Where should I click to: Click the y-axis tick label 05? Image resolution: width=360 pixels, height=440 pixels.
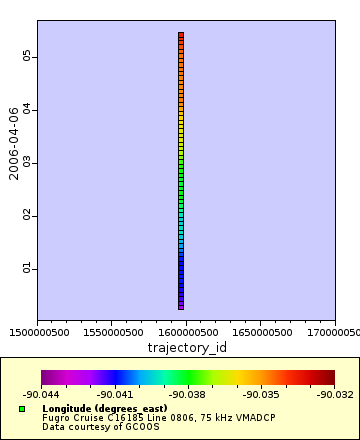pyautogui.click(x=28, y=57)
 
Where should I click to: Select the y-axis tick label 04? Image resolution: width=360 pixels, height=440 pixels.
pyautogui.click(x=28, y=109)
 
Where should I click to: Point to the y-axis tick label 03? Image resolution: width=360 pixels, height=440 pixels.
pyautogui.click(x=28, y=162)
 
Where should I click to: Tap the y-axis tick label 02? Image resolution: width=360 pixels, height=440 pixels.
pyautogui.click(x=28, y=215)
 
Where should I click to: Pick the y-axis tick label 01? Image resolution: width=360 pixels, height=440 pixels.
pyautogui.click(x=28, y=268)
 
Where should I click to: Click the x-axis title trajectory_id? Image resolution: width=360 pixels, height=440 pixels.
pyautogui.click(x=187, y=347)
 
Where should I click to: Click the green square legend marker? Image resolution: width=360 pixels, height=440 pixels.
pyautogui.click(x=22, y=409)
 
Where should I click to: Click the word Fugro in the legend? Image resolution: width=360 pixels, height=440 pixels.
pyautogui.click(x=53, y=417)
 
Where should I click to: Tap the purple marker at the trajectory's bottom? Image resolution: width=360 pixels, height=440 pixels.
pyautogui.click(x=181, y=305)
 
